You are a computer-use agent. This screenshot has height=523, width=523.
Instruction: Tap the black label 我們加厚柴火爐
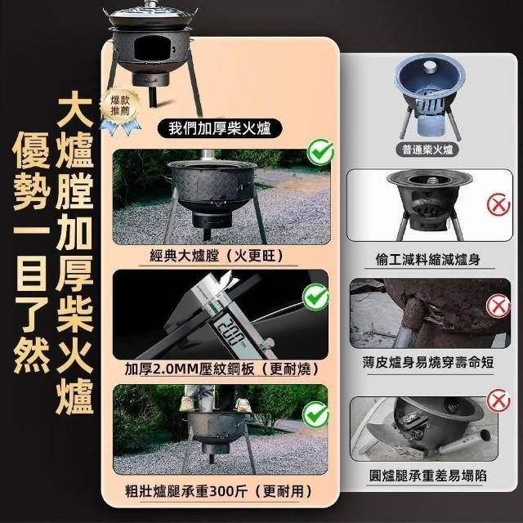(x=220, y=129)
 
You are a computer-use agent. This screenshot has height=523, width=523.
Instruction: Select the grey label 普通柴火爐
(x=427, y=150)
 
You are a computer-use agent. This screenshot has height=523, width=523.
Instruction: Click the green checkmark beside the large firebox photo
(x=320, y=152)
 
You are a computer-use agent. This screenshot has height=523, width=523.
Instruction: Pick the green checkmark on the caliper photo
(x=315, y=297)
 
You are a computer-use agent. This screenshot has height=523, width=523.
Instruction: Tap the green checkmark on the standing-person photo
(x=315, y=415)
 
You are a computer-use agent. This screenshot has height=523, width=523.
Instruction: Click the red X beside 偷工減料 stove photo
(x=498, y=204)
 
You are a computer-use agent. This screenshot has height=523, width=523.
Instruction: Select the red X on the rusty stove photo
(x=498, y=306)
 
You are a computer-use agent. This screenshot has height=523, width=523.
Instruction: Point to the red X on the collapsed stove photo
(x=498, y=400)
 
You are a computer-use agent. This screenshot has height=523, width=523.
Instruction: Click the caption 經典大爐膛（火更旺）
(x=217, y=256)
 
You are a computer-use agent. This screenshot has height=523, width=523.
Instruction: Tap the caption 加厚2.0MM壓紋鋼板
(x=190, y=369)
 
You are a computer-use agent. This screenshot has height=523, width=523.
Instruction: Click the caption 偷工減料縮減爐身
(x=428, y=260)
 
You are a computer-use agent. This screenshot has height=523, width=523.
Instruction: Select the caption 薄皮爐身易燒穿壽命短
(x=428, y=363)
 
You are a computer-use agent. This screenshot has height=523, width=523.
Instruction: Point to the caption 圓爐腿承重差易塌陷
(x=428, y=476)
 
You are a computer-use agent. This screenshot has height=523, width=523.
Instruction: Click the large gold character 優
(x=31, y=150)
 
